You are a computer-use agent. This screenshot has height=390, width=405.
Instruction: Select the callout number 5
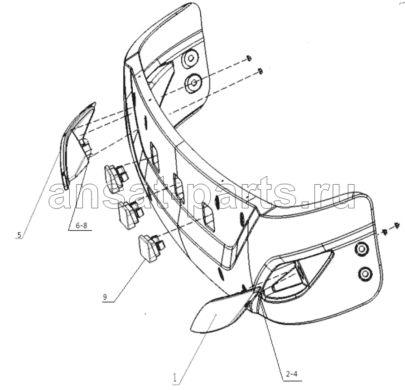[19, 235]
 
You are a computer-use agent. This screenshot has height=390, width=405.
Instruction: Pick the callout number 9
[105, 296]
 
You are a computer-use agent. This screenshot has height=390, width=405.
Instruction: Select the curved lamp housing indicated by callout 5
[77, 145]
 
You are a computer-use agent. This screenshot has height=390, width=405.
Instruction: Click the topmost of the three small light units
[116, 178]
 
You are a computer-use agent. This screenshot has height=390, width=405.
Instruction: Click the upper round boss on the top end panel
[190, 58]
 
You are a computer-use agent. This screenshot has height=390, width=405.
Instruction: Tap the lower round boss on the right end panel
[365, 273]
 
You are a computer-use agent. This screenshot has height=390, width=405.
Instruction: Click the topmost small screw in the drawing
[248, 58]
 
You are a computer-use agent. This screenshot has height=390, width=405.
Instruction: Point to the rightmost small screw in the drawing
[396, 225]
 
